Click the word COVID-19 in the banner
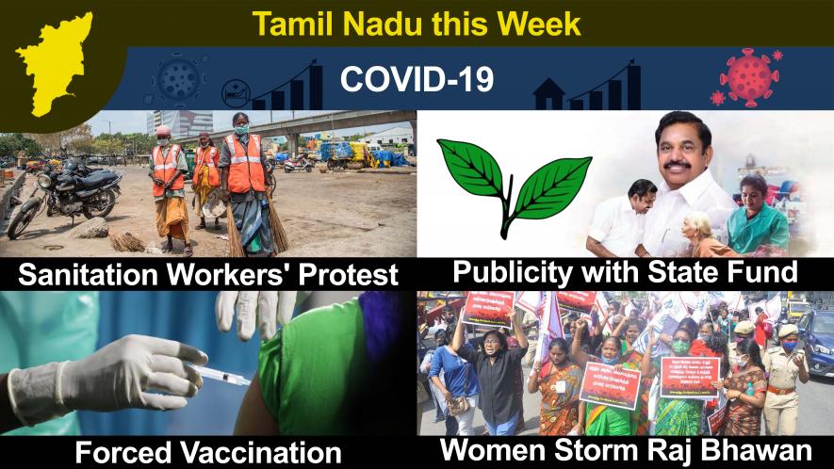(x=417, y=79)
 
